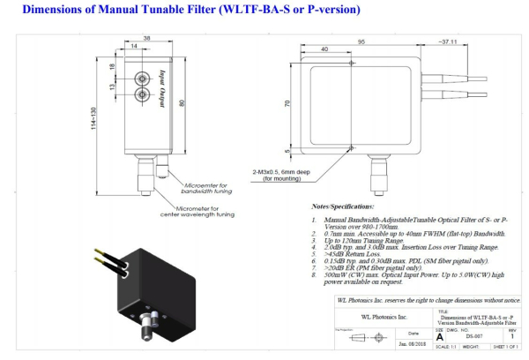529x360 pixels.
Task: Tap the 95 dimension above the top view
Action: [361, 40]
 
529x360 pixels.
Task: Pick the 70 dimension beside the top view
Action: [287, 103]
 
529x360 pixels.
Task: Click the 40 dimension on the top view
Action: [325, 50]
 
